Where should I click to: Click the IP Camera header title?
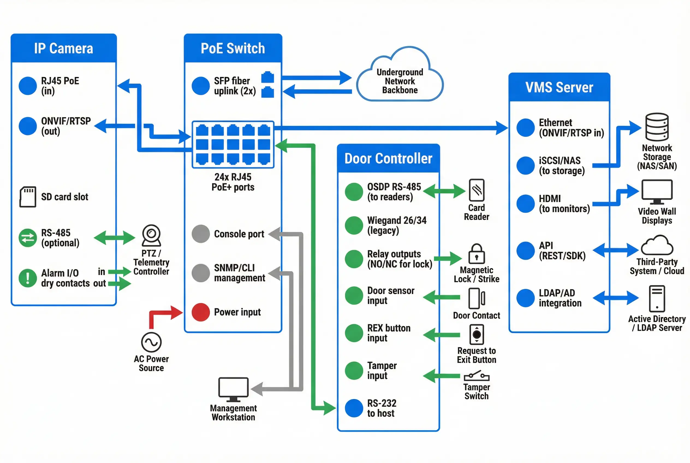64,48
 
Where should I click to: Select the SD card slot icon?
28,197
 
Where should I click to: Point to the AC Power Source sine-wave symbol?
151,342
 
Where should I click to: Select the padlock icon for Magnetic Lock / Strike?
476,254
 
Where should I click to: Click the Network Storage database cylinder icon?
657,127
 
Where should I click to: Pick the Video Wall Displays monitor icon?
657,192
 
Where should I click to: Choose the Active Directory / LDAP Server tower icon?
657,299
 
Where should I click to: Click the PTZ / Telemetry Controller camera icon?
151,235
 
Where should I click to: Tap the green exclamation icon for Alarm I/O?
28,278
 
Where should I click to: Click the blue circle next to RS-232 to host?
354,408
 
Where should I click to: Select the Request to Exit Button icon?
476,334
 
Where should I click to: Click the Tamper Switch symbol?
476,376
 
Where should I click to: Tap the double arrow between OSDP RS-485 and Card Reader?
444,191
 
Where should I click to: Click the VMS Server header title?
559,87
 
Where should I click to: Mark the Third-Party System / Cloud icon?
657,245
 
